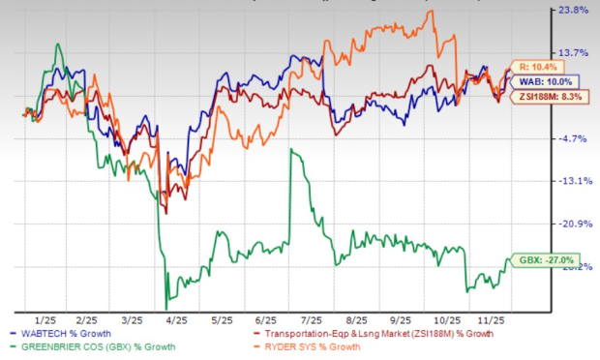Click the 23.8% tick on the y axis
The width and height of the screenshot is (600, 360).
(575, 11)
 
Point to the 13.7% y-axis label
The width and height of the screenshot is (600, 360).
(575, 52)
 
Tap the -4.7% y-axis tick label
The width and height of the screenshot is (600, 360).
(575, 138)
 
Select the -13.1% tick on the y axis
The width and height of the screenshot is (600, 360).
(575, 181)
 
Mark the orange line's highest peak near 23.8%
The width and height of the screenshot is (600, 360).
(431, 12)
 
